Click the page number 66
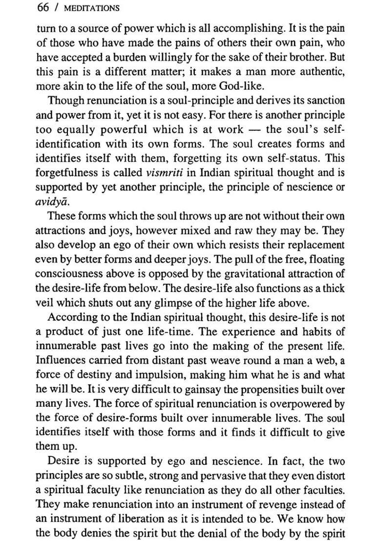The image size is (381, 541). (42, 8)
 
